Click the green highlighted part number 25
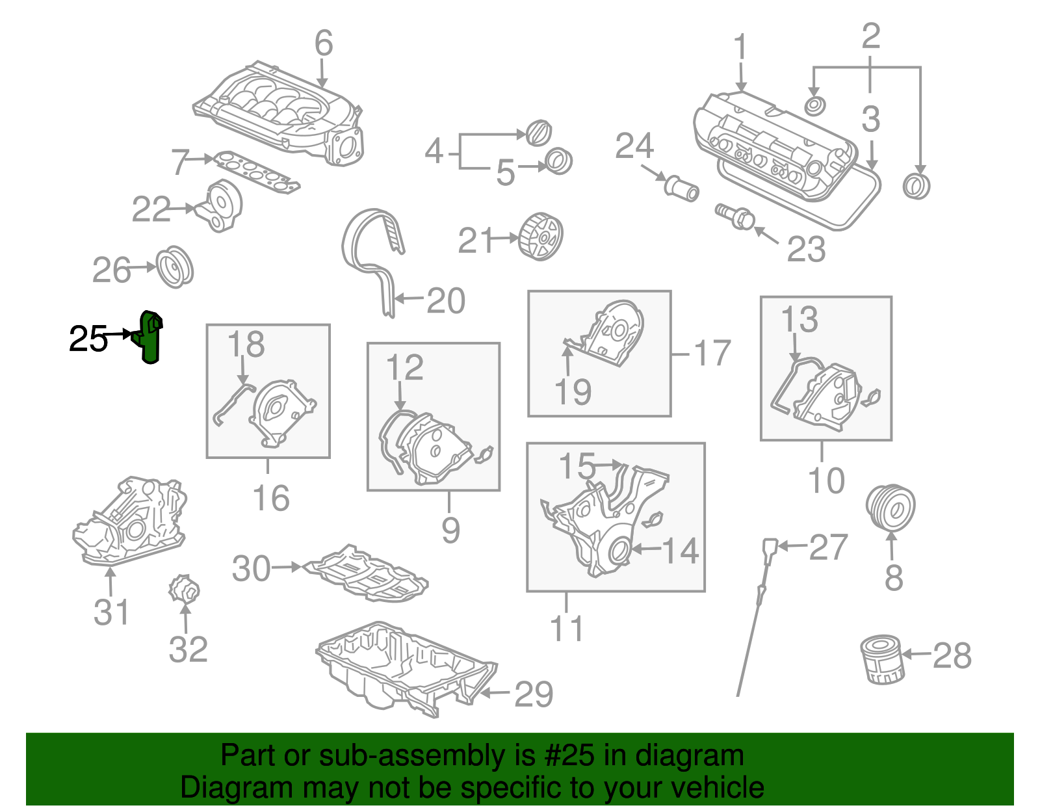[x=151, y=337]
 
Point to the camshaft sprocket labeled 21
[x=541, y=237]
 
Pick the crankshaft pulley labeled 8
[x=890, y=508]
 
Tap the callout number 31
[x=111, y=612]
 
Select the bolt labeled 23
[x=735, y=216]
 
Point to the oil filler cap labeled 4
[x=538, y=133]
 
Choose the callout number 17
[x=712, y=353]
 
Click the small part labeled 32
[x=184, y=590]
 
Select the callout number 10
[x=825, y=480]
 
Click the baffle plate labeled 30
[x=367, y=573]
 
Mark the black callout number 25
[x=88, y=339]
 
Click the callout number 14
[x=681, y=550]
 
